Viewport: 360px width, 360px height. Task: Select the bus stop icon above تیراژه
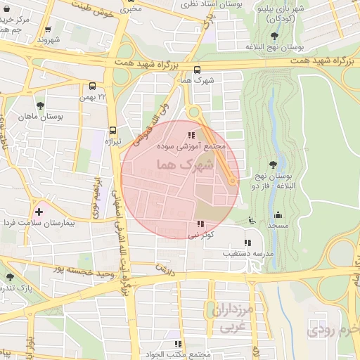point(112,129)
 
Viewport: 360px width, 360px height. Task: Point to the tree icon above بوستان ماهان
point(41,105)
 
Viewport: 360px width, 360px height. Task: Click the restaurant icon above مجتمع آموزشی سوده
point(191,135)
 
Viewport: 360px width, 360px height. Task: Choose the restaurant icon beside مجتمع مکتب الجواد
point(178,344)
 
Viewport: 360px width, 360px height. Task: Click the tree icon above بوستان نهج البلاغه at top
point(273,36)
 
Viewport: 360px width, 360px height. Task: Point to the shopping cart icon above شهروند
point(47,30)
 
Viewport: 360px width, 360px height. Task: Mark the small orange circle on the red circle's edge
point(232,181)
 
